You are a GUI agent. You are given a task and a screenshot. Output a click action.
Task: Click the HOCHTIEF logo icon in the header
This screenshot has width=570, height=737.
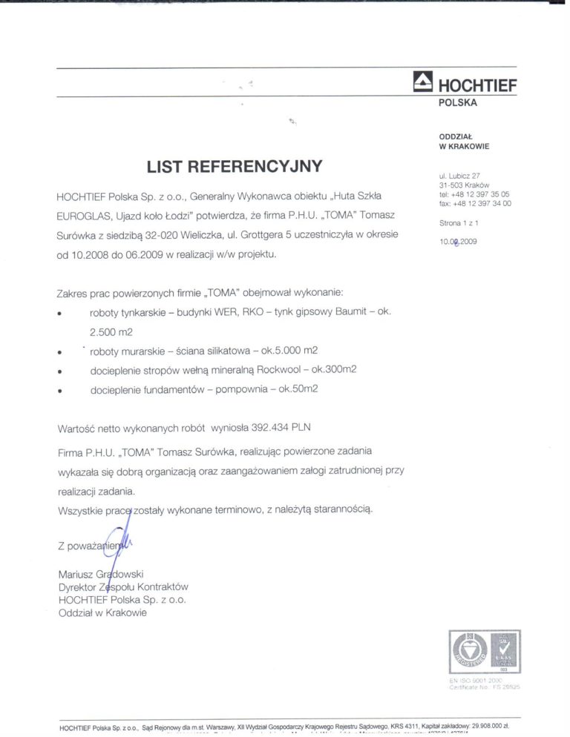(x=422, y=82)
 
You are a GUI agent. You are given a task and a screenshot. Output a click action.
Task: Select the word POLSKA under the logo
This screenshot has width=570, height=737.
(x=458, y=102)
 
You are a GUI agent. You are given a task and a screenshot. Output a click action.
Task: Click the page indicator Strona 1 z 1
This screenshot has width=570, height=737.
(x=459, y=222)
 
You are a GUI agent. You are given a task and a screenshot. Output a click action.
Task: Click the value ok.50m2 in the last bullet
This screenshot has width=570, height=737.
(x=298, y=389)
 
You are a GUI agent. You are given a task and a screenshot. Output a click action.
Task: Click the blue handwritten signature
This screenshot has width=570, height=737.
(x=117, y=544)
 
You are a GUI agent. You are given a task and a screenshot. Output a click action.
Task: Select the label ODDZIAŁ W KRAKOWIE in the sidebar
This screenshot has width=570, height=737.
(x=464, y=142)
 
